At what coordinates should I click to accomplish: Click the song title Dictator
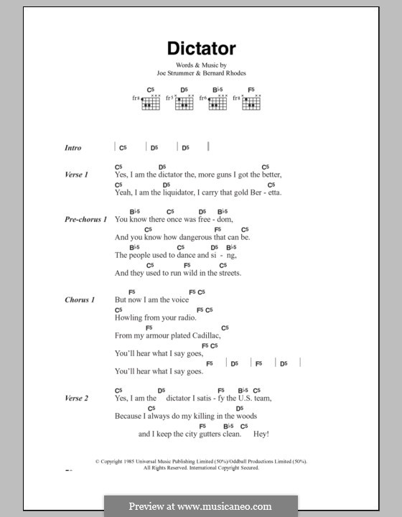(201, 49)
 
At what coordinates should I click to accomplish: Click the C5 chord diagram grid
(150, 103)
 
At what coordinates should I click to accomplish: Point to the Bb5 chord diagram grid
(218, 103)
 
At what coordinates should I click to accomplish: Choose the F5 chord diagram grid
(251, 103)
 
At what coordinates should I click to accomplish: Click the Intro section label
(73, 148)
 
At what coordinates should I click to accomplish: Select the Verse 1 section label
(76, 174)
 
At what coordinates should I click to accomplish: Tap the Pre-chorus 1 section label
(85, 219)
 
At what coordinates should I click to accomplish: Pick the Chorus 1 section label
(80, 299)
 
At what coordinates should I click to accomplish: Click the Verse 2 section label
(76, 398)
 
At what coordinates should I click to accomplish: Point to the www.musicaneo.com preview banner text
(200, 506)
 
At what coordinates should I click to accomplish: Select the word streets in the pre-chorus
(230, 273)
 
